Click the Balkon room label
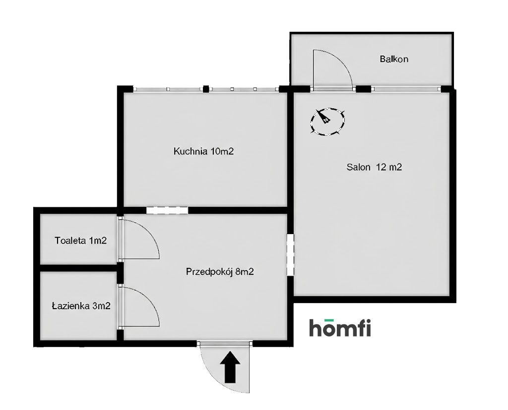point(394,59)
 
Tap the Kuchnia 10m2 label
point(203,152)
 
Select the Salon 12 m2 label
point(374,167)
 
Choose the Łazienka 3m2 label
point(81,306)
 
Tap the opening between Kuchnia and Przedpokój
point(168,210)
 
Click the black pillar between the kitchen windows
point(206,89)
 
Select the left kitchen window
point(168,89)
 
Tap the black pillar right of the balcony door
point(364,89)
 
